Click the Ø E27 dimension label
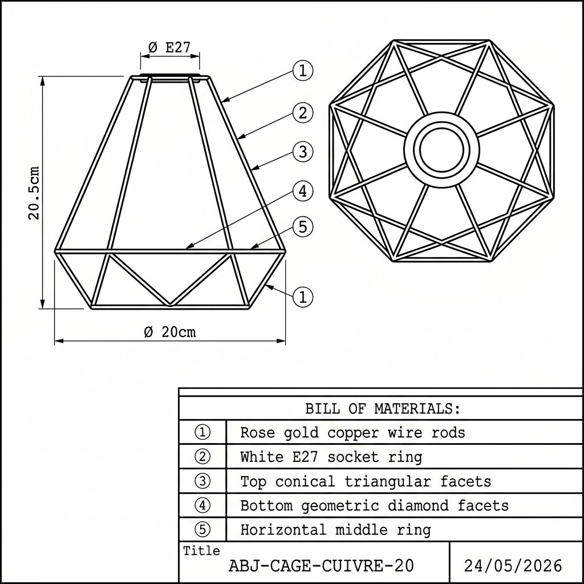[169, 47]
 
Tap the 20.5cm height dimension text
[34, 193]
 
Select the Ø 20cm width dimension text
[170, 332]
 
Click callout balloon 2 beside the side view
[303, 113]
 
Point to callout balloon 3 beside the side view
[303, 152]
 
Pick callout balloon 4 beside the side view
[303, 191]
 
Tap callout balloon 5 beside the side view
[303, 227]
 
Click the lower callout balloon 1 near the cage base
[303, 297]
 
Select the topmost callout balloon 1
[303, 70]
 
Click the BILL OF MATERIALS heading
[383, 409]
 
